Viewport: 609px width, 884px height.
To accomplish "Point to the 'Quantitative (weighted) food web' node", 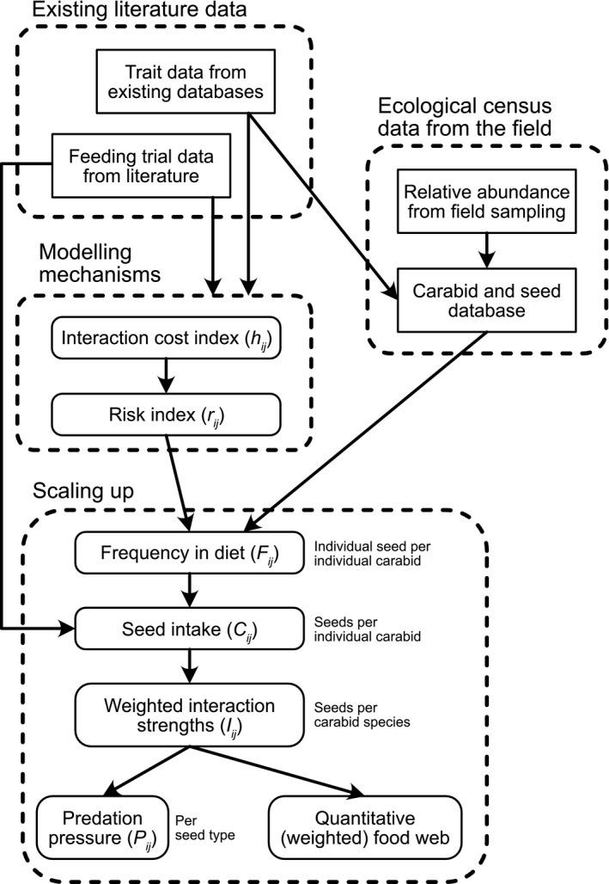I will click(x=366, y=827).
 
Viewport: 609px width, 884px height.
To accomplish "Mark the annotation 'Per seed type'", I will click(x=204, y=827).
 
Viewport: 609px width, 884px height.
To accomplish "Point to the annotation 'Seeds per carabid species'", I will click(x=364, y=713).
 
